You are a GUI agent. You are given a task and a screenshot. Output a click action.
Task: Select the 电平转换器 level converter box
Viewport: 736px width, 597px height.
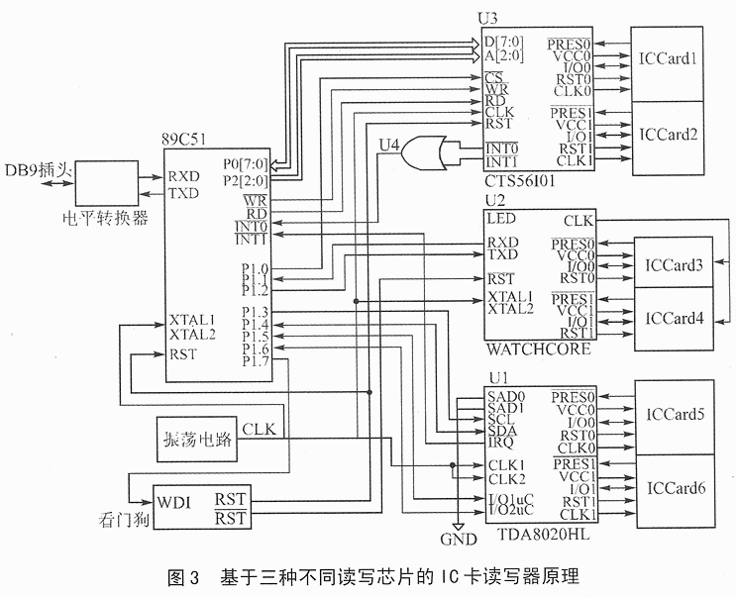tap(104, 180)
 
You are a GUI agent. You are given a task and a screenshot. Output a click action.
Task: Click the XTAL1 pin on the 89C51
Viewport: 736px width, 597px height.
tap(191, 320)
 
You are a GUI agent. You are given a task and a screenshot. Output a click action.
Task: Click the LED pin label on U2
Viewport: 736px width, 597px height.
tap(499, 216)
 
